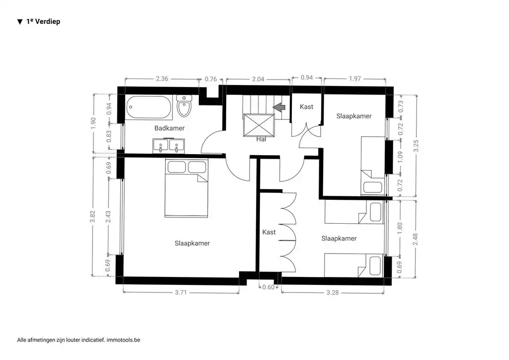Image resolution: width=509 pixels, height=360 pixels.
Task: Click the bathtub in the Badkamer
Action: point(149,107)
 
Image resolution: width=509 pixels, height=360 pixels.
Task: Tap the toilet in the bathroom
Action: point(184,106)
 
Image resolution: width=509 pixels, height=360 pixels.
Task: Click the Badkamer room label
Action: point(169,128)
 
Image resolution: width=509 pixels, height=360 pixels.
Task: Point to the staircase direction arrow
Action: point(279,107)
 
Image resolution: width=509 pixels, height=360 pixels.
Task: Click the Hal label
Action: point(261,139)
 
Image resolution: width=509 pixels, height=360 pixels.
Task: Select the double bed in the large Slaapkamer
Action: point(186,189)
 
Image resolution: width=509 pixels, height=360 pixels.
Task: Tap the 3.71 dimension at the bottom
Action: point(181,292)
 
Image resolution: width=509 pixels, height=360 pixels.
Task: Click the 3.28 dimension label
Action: point(332,292)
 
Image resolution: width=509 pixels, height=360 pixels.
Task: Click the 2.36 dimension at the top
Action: point(162,78)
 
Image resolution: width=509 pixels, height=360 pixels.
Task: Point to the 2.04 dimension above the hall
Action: point(258,78)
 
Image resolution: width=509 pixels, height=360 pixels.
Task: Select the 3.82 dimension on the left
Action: point(93,217)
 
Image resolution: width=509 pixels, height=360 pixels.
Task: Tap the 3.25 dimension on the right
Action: point(417,145)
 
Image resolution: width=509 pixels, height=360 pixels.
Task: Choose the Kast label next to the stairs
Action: point(307,107)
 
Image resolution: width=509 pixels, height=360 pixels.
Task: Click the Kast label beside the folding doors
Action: point(269,232)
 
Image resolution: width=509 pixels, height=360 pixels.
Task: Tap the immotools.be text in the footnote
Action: point(124,340)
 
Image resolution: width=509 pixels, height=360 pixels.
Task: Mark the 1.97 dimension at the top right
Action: point(354,78)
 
